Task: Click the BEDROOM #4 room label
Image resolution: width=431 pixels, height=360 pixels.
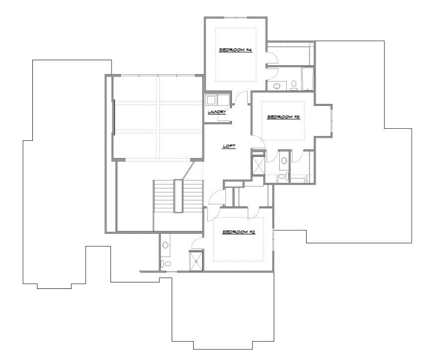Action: [235, 50]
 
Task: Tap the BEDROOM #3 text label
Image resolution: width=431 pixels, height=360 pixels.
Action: [283, 117]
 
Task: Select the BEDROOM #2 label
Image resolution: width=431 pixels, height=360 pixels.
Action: [239, 232]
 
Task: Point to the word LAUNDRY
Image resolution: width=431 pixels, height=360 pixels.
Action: [217, 112]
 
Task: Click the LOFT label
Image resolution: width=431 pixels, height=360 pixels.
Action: [229, 146]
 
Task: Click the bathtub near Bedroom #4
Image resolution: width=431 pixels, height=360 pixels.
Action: [308, 79]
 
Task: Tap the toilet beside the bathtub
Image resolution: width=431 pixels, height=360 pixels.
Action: [294, 86]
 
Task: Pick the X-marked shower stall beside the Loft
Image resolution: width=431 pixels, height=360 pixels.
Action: [258, 165]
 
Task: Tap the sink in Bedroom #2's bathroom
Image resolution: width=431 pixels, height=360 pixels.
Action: [165, 245]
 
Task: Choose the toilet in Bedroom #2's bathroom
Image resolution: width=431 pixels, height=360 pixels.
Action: [166, 264]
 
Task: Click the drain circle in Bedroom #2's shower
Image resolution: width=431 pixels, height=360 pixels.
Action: [196, 262]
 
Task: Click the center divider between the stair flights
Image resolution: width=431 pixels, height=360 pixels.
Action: [178, 196]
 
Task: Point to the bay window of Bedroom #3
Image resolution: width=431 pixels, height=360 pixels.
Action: [331, 121]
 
